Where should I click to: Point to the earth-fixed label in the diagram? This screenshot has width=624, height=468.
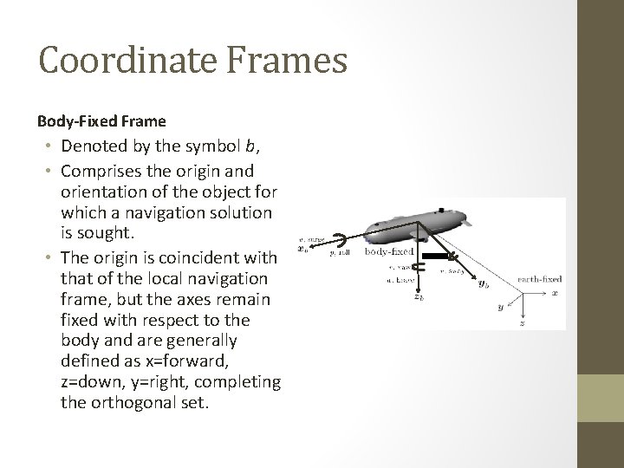[x=540, y=278]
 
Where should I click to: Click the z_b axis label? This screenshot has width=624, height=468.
[x=418, y=296]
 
